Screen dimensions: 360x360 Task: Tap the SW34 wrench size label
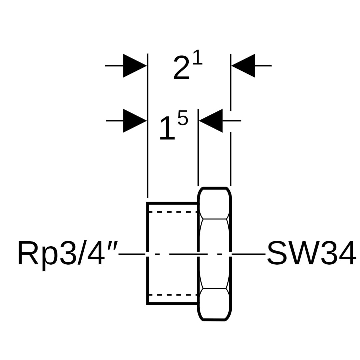pyautogui.click(x=311, y=254)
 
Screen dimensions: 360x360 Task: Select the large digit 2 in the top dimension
pyautogui.click(x=181, y=68)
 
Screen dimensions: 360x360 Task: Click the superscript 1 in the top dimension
pyautogui.click(x=197, y=58)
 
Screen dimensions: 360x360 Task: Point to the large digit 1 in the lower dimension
pyautogui.click(x=167, y=128)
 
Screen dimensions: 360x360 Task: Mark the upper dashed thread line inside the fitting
pyautogui.click(x=172, y=212)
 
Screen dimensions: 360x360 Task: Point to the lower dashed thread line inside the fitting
pyautogui.click(x=172, y=295)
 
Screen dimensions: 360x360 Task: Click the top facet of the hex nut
pyautogui.click(x=215, y=203)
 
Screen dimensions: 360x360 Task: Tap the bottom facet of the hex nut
pyautogui.click(x=215, y=304)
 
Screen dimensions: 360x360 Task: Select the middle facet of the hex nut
pyautogui.click(x=215, y=253)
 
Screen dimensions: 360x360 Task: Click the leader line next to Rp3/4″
pyautogui.click(x=132, y=254)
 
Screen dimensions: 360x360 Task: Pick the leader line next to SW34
pyautogui.click(x=249, y=254)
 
